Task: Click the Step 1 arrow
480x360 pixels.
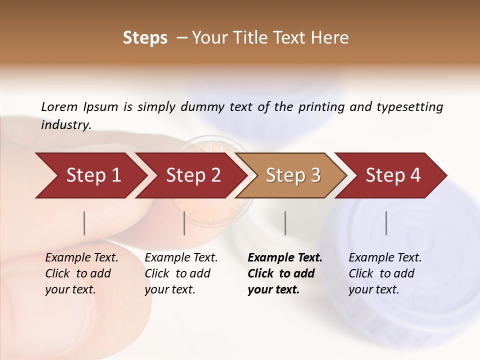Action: [x=90, y=175]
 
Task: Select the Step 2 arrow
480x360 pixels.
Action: [x=192, y=175]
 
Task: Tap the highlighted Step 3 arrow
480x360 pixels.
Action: [x=292, y=175]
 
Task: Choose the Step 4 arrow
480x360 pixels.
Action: [x=392, y=175]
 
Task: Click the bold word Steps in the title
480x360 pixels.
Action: [x=145, y=38]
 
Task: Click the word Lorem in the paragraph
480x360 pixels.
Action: [x=59, y=106]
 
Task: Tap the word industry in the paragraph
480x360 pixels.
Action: [x=65, y=124]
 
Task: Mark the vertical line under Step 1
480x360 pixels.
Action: [x=84, y=223]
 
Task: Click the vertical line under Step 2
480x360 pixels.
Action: [x=184, y=223]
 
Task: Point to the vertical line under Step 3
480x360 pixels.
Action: [x=285, y=223]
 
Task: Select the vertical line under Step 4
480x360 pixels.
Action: [x=386, y=223]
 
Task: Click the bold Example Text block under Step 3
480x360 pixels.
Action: [x=285, y=273]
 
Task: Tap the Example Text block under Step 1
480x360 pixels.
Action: [x=81, y=273]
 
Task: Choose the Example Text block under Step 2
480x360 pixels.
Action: [x=181, y=273]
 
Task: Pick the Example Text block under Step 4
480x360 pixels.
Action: [x=385, y=273]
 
